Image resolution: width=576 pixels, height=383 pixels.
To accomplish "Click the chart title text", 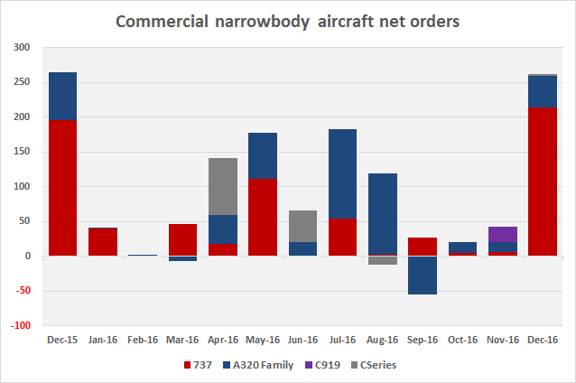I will point(288,21).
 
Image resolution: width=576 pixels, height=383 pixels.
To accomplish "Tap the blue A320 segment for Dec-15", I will point(62,96).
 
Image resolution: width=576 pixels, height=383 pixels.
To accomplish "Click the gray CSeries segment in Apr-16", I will point(223,186).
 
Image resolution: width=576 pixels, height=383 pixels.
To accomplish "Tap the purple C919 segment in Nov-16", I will point(504,234).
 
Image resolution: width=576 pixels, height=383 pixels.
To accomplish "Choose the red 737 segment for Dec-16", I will point(543,182).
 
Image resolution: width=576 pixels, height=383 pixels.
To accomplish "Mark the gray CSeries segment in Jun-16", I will point(303,226).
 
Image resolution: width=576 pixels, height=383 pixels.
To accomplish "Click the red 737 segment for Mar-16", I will point(182,239).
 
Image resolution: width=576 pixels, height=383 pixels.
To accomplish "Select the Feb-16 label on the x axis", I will point(143,340).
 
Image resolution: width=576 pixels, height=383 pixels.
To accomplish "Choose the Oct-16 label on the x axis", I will point(463,340).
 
